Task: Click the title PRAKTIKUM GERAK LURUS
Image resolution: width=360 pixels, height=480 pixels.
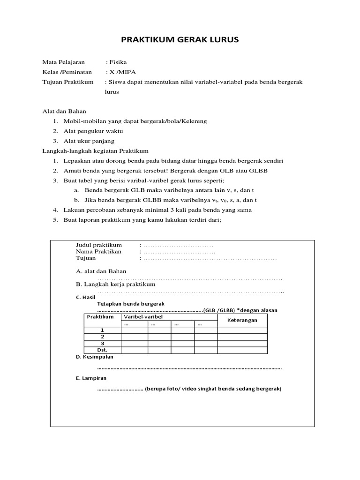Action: point(180,40)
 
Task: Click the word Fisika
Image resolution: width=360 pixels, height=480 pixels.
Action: point(118,62)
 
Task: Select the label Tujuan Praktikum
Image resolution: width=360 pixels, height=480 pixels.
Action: point(68,82)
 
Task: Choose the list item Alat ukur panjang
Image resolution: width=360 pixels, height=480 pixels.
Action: point(89,141)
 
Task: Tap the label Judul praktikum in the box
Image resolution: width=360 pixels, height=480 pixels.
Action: point(99,245)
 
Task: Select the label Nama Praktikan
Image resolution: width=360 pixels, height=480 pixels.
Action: point(98,252)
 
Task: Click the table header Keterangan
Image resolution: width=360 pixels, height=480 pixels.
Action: point(242,320)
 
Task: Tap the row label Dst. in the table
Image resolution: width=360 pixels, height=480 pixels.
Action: point(102,350)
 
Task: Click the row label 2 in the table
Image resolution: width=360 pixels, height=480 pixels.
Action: point(102,337)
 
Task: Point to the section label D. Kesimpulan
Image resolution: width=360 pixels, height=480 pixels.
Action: point(95,357)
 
